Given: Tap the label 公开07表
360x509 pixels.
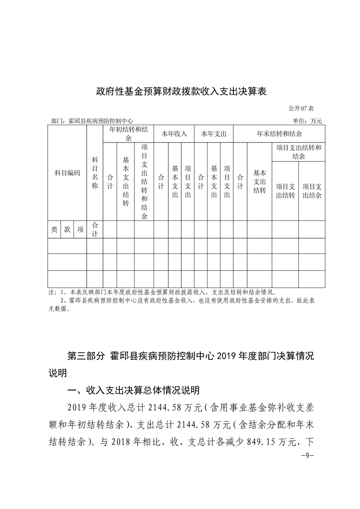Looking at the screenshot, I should tap(304, 109).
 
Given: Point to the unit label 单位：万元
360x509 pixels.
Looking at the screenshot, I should tap(308, 121).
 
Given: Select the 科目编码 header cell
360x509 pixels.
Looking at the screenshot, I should tap(67, 173).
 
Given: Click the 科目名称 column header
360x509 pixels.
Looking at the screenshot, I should tap(95, 173).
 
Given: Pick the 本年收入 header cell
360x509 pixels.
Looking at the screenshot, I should tap(174, 134).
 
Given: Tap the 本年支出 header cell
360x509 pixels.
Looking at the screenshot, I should tap(214, 134).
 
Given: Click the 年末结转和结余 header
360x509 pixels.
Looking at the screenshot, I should tap(279, 134).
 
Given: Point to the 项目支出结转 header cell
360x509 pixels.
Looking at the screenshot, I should tap(285, 191).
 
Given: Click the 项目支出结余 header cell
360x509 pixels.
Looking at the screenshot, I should tap(312, 191).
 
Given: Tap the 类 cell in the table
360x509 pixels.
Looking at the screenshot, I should tap(54, 230).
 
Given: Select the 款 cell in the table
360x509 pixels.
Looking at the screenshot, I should tap(67, 230).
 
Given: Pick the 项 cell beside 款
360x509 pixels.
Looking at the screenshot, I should tap(80, 230).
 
